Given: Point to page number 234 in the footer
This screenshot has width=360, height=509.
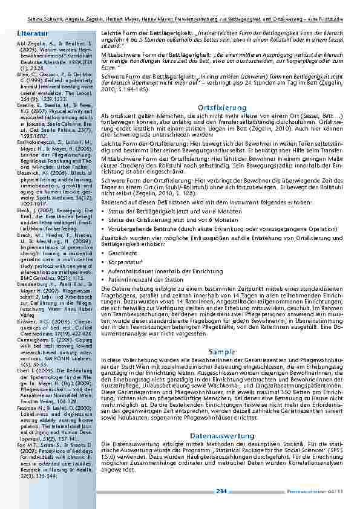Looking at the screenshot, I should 221,490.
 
